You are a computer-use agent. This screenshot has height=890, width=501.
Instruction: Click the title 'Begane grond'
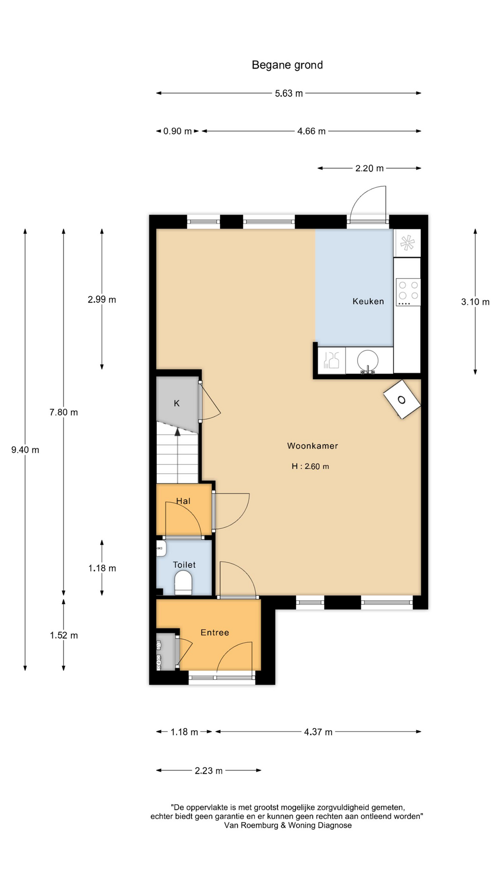tap(287, 65)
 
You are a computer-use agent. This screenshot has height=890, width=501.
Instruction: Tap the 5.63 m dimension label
tap(289, 93)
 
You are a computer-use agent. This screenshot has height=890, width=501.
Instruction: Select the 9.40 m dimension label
tap(25, 450)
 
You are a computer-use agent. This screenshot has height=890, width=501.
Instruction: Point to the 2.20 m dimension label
tap(369, 168)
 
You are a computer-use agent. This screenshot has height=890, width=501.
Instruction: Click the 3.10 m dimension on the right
tap(475, 302)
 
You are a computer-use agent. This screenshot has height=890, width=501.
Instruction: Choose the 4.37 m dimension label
tap(318, 732)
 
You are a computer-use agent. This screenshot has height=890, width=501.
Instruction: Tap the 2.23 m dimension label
tap(209, 770)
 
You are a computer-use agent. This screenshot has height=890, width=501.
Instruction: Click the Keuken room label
tap(368, 301)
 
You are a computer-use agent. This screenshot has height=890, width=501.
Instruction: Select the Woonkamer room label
tap(313, 446)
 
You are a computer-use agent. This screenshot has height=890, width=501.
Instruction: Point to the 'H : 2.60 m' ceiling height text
tap(310, 466)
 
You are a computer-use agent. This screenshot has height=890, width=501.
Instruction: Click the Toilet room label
tap(184, 565)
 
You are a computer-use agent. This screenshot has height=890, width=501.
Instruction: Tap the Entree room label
tap(215, 632)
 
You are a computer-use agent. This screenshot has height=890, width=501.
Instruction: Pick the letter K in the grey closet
tap(177, 403)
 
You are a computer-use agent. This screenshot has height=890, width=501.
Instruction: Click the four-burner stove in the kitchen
tap(408, 292)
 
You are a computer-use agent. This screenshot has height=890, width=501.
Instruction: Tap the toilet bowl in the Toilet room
tap(183, 583)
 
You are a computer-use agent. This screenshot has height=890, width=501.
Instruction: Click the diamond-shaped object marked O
tap(402, 400)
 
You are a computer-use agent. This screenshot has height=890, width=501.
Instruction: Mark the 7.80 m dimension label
tap(64, 412)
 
